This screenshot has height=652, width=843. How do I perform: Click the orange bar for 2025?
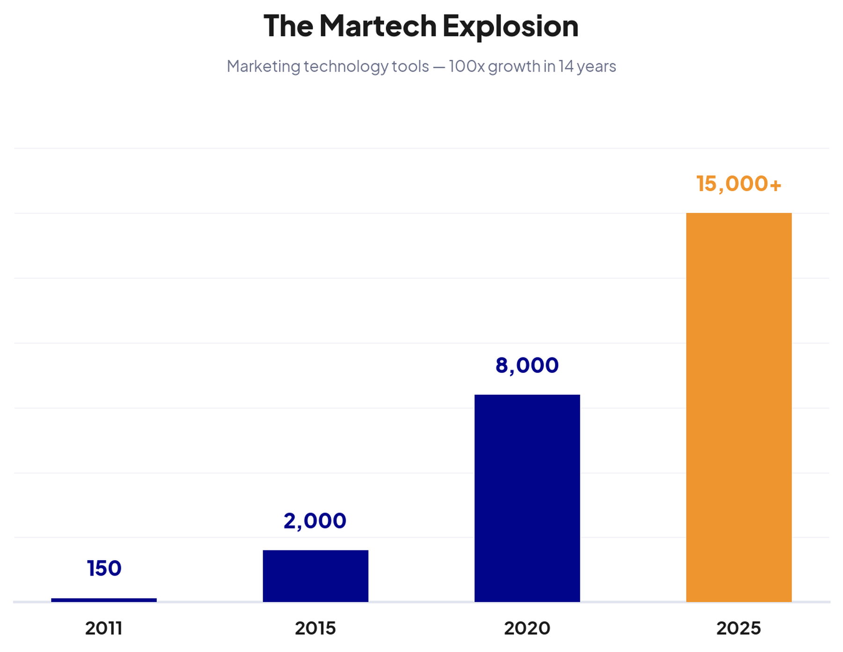(739, 407)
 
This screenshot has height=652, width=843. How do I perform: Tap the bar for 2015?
(315, 576)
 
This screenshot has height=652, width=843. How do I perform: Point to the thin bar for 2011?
(104, 600)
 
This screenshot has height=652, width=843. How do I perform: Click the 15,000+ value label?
(739, 184)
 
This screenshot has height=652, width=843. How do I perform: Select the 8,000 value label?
(527, 365)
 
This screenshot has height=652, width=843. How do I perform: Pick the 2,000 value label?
(315, 521)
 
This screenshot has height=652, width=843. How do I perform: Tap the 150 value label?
(104, 569)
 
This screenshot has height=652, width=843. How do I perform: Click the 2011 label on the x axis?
(104, 628)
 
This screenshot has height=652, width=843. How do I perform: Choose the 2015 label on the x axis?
(315, 628)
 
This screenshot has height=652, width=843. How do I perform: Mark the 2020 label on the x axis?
(527, 628)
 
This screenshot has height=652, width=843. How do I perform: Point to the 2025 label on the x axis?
(739, 628)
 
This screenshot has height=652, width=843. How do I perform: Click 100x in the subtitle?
(466, 66)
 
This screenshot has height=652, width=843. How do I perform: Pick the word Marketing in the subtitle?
(263, 66)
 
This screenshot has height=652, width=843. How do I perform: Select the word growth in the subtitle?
(514, 66)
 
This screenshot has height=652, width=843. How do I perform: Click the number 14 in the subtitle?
(566, 66)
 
